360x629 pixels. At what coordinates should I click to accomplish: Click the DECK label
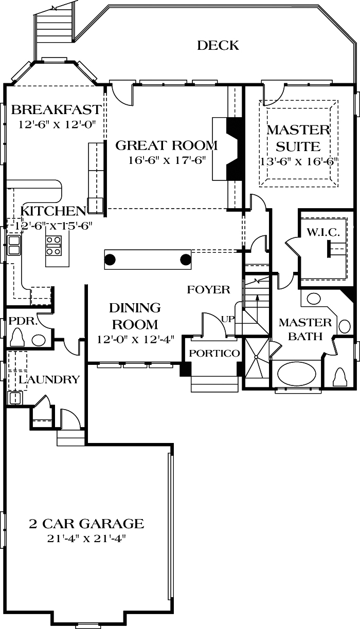coord(218,46)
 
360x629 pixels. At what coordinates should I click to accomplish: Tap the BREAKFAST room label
coord(56,109)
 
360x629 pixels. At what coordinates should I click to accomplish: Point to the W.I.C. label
coord(323,232)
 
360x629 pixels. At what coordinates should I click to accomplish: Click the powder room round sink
coord(38,340)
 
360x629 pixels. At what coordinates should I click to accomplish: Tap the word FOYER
coord(208,290)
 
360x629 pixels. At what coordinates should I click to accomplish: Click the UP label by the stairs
coord(227,319)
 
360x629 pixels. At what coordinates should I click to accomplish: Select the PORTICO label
coord(214,354)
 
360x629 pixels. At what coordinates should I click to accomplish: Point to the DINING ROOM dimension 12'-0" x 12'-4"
coord(135,339)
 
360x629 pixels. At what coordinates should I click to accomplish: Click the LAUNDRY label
coord(49,380)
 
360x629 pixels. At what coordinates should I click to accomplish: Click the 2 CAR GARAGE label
coord(86,524)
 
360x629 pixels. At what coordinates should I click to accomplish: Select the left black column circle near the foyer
coord(110,259)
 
